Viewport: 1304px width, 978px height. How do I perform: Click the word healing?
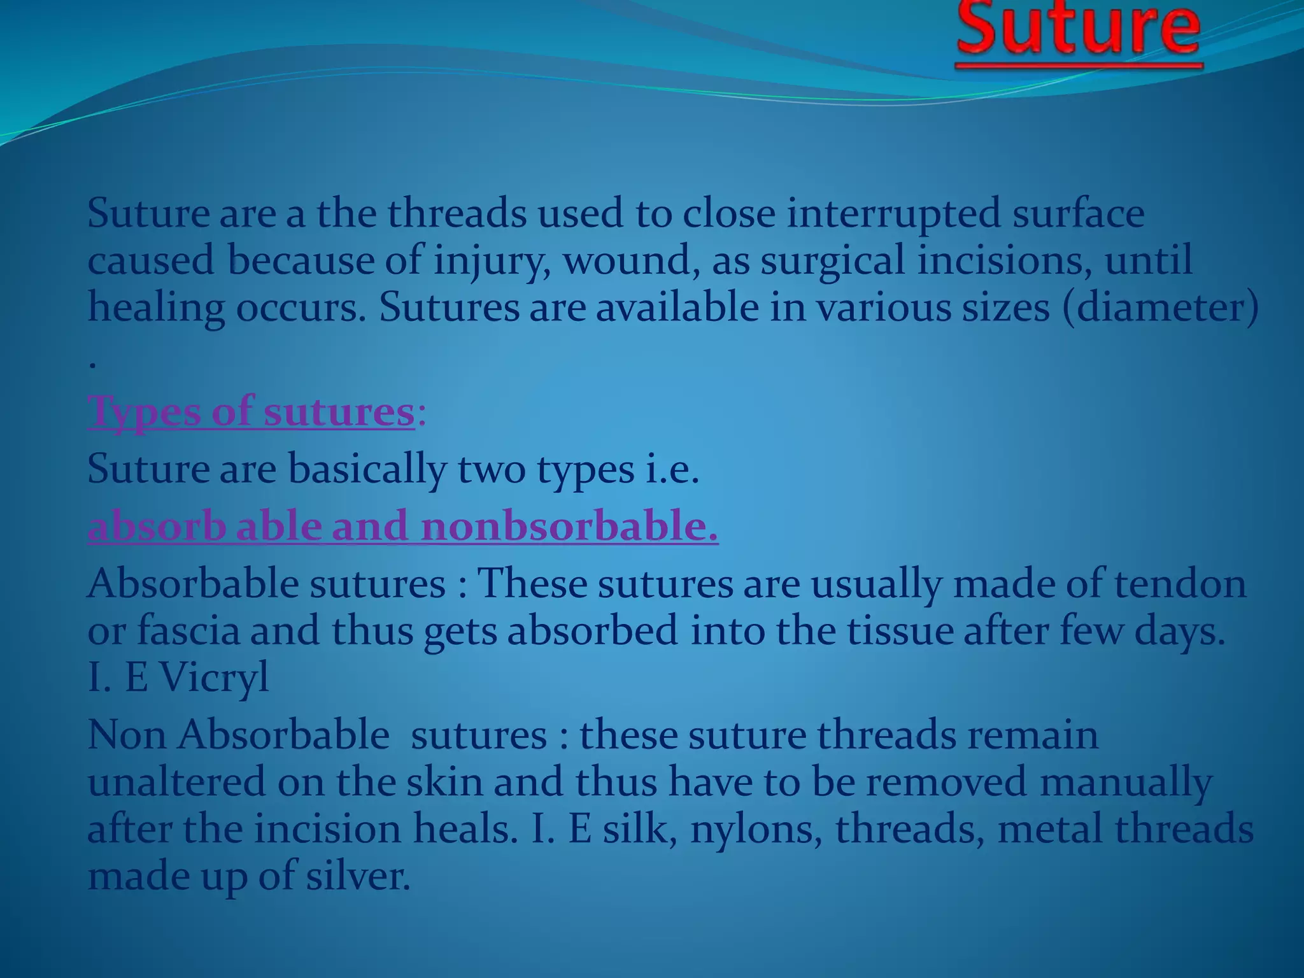coord(156,308)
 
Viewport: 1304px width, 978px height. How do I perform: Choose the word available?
coord(677,308)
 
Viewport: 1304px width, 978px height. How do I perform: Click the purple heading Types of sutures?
coord(252,411)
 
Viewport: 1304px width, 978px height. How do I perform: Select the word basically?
coord(367,469)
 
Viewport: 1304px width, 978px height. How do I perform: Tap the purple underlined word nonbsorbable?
coord(569,527)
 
